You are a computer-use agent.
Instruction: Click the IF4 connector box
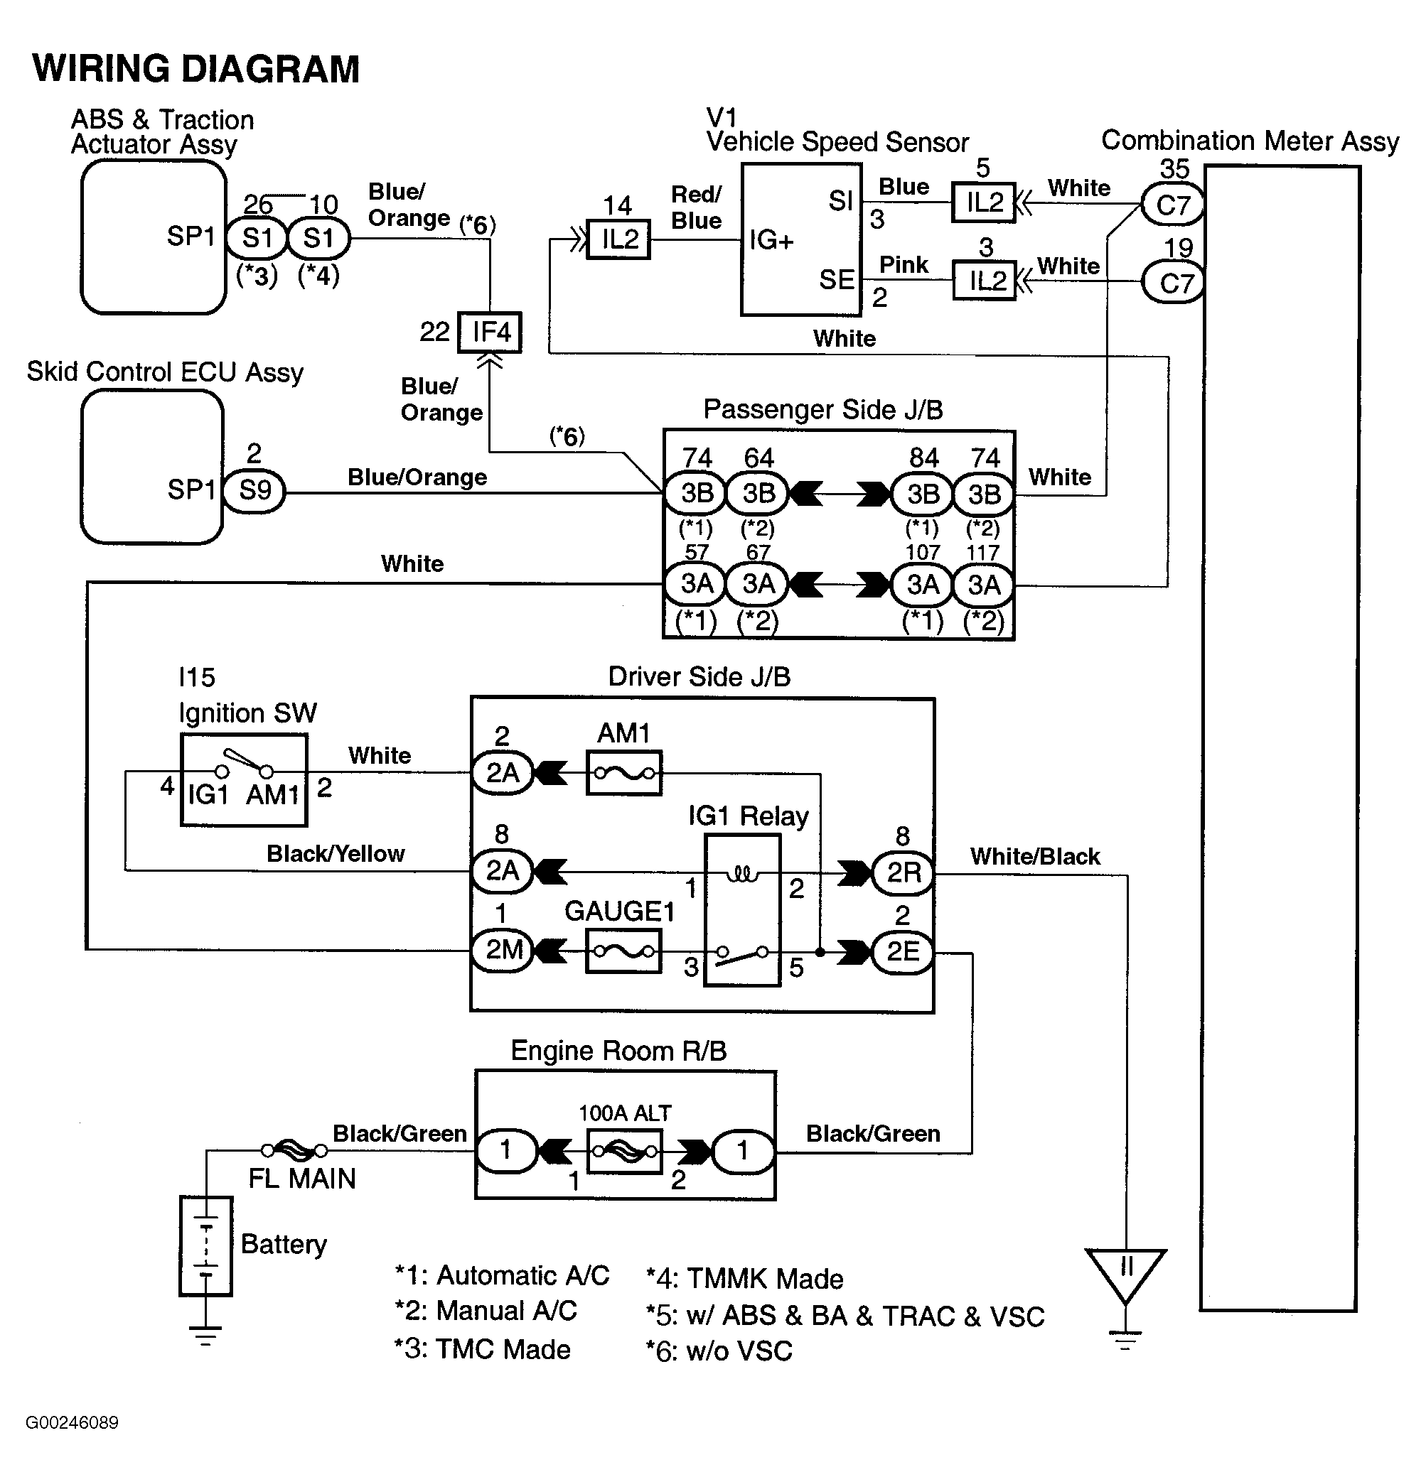pyautogui.click(x=490, y=332)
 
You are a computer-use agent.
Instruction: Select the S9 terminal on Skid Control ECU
pyautogui.click(x=255, y=491)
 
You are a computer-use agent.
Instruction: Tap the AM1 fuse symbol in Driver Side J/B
pyautogui.click(x=624, y=773)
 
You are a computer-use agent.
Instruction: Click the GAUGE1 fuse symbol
pyautogui.click(x=623, y=951)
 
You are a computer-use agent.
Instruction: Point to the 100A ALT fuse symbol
pyautogui.click(x=624, y=1152)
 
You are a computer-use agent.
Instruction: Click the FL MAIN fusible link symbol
pyautogui.click(x=294, y=1151)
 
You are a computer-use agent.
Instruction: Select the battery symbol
pyautogui.click(x=205, y=1245)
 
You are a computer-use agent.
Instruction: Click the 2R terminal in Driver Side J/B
pyautogui.click(x=904, y=872)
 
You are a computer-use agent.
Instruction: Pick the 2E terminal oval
pyautogui.click(x=903, y=951)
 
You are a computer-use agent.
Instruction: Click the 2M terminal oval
pyautogui.click(x=503, y=949)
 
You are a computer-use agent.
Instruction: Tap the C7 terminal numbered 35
pyautogui.click(x=1172, y=205)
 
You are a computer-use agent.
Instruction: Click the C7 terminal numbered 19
pyautogui.click(x=1172, y=283)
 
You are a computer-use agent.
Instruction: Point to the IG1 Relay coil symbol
pyautogui.click(x=742, y=874)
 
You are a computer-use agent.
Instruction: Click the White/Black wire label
pyautogui.click(x=1035, y=856)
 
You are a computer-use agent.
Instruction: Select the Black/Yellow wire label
pyautogui.click(x=335, y=854)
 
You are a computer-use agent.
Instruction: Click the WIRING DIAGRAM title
pyautogui.click(x=196, y=69)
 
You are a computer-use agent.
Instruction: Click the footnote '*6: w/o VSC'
pyautogui.click(x=719, y=1351)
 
